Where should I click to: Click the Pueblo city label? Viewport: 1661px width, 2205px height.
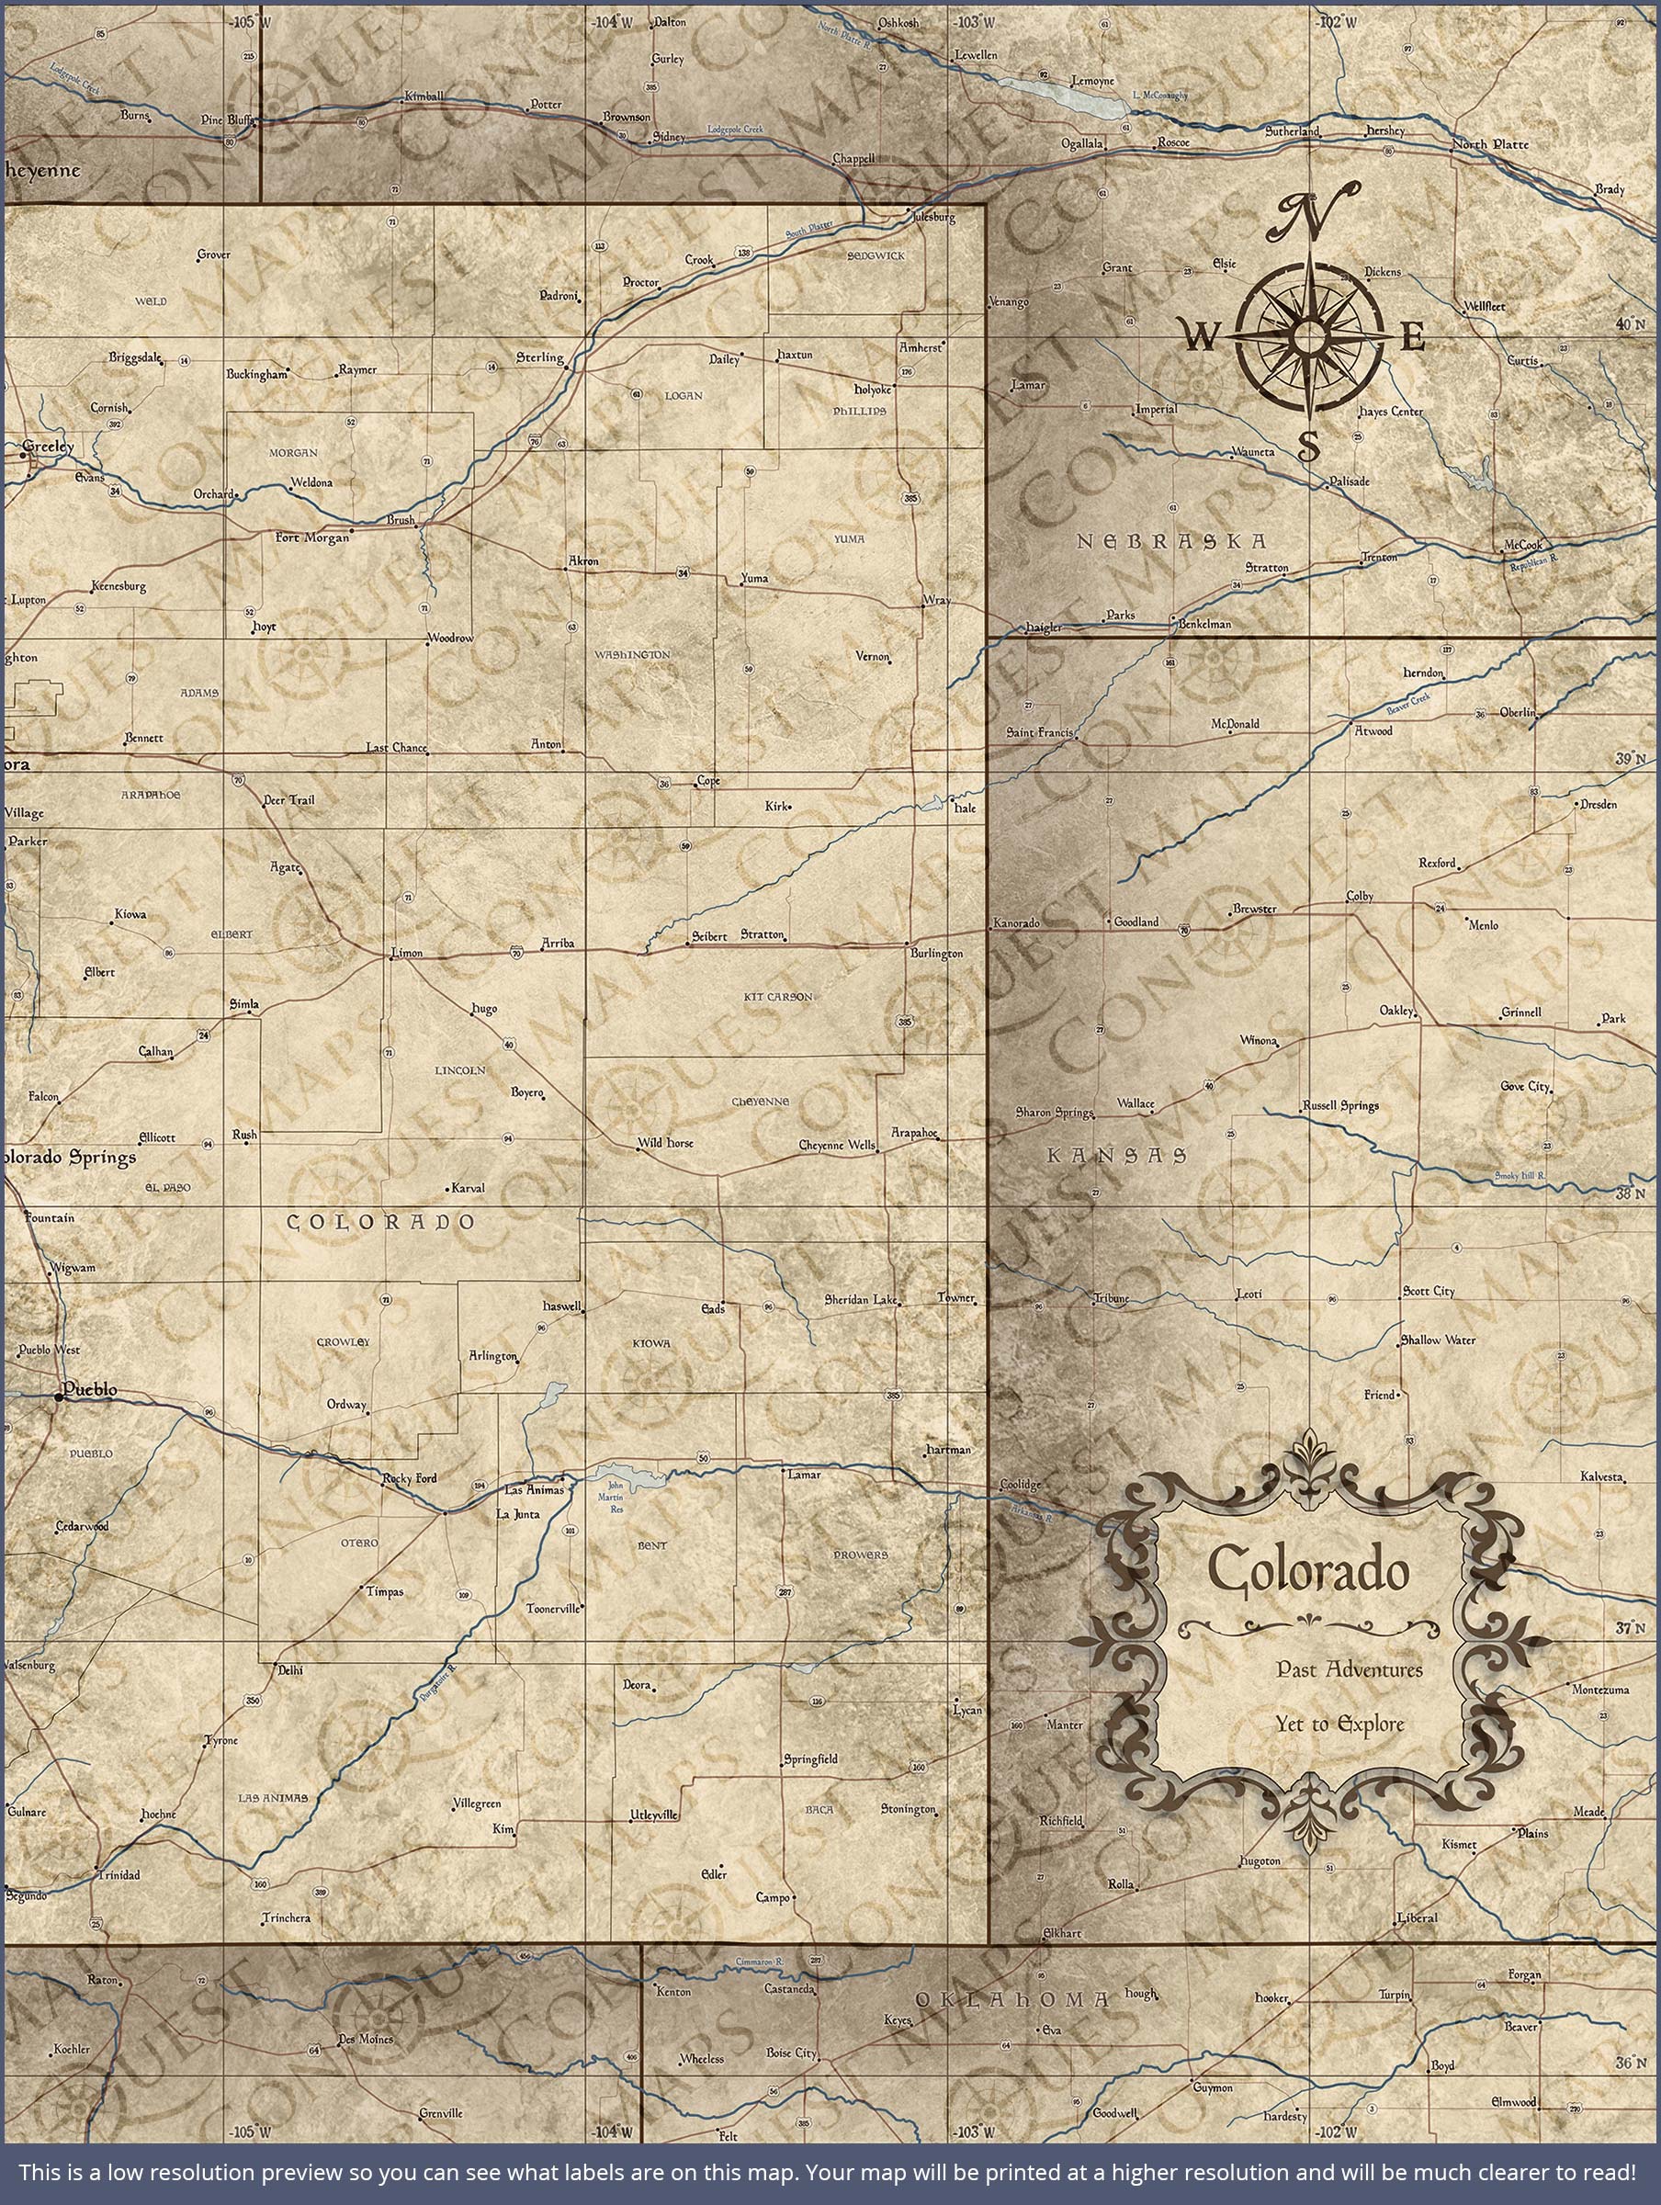click(89, 1388)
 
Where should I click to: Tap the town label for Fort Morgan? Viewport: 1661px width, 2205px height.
click(312, 537)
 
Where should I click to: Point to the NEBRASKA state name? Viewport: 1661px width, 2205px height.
click(1171, 541)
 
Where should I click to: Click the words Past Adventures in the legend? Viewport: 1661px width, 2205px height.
click(1349, 1668)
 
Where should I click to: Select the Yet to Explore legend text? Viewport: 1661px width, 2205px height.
click(1340, 1723)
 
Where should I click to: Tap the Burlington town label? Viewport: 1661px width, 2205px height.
click(936, 954)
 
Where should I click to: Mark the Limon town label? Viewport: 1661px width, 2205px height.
click(407, 953)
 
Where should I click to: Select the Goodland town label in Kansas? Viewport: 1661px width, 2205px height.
click(1136, 922)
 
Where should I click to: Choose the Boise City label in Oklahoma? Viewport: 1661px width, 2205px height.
click(791, 2052)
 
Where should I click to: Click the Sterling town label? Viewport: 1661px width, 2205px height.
click(539, 356)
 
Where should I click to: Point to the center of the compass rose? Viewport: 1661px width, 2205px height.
click(1307, 338)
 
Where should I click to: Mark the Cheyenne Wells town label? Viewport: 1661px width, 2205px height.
click(837, 1146)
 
